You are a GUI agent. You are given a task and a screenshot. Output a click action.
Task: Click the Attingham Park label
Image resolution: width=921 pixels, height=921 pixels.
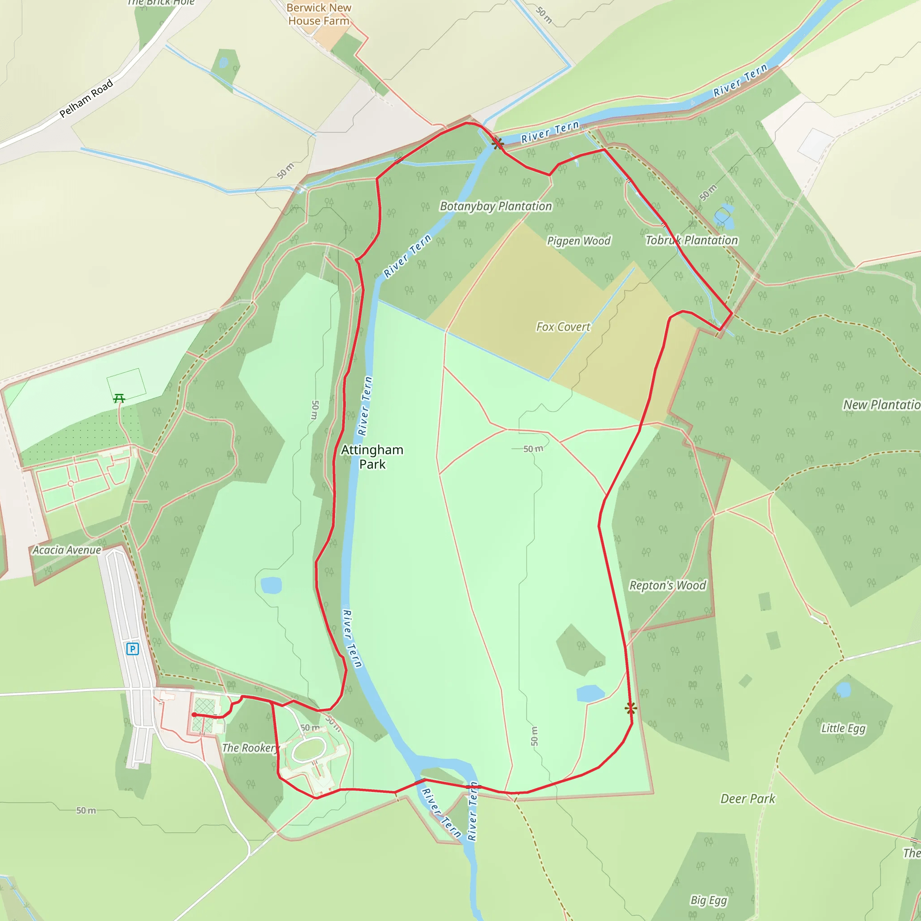point(372,457)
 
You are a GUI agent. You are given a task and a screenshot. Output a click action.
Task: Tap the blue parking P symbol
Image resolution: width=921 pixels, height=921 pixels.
point(133,649)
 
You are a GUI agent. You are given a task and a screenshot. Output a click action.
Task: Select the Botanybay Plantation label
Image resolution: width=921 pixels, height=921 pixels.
point(495,206)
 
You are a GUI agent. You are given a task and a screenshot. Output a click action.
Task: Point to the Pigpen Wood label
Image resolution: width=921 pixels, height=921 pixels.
point(578,241)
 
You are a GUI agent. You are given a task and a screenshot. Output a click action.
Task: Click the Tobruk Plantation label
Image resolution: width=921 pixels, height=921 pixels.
point(691,240)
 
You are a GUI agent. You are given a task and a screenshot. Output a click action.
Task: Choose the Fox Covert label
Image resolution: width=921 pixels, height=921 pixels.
point(563,327)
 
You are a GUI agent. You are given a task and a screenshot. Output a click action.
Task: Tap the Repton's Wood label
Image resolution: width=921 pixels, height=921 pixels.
point(667,586)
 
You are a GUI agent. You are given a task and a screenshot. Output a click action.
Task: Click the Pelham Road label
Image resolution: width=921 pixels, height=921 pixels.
point(86,98)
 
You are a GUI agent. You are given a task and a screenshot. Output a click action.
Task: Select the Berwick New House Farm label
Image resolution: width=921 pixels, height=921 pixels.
point(319,14)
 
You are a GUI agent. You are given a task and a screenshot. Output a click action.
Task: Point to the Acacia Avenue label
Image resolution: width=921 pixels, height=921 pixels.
point(67,550)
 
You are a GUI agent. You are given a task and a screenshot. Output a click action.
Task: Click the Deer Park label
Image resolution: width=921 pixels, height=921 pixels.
point(747,799)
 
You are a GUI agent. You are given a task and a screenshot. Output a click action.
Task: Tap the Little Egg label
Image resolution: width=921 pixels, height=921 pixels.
point(843,729)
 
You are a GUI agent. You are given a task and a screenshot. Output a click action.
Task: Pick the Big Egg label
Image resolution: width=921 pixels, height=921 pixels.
point(708,900)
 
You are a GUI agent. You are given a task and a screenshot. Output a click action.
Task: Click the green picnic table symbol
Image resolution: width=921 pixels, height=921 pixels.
point(119,398)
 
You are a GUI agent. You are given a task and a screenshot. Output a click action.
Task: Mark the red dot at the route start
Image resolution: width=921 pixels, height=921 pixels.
point(194,715)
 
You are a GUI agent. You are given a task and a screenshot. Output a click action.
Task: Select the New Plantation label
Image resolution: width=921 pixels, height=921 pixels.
point(881,405)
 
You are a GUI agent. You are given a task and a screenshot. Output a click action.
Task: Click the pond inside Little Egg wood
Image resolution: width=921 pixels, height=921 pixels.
point(843,689)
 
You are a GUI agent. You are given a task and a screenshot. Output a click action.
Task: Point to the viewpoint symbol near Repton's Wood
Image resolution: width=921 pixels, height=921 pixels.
point(630,708)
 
